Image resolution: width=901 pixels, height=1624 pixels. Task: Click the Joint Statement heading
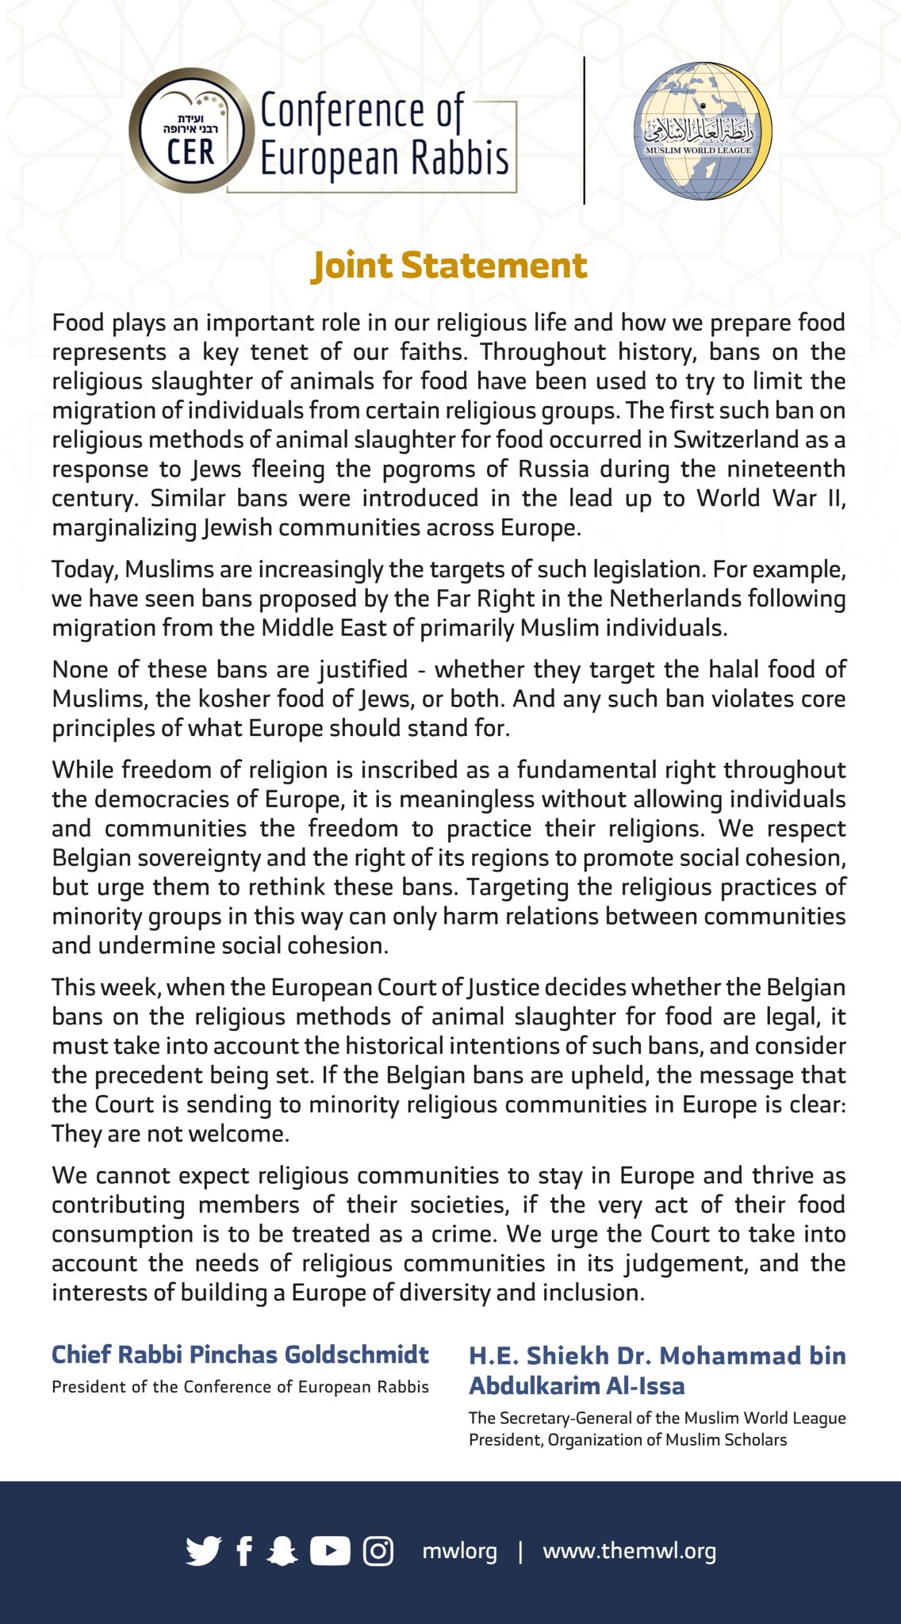[450, 266]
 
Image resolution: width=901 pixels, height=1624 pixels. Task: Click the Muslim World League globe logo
[701, 131]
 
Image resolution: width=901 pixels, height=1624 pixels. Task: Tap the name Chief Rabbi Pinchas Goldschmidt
[240, 1354]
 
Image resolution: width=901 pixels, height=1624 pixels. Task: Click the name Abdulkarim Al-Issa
[577, 1385]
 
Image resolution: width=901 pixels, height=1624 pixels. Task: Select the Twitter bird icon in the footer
[204, 1551]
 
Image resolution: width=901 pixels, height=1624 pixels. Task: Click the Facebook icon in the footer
[244, 1551]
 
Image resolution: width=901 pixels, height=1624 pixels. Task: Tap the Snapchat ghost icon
[282, 1551]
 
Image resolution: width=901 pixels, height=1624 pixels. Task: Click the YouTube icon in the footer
[330, 1551]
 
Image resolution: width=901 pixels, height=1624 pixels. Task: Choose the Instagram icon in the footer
[378, 1551]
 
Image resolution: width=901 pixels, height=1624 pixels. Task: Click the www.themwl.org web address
[629, 1551]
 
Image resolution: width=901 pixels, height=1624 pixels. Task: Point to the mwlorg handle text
[459, 1551]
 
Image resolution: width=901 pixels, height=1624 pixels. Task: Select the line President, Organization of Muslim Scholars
[627, 1439]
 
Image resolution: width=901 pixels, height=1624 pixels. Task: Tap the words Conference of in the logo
[362, 111]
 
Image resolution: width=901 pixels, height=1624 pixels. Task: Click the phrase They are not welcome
[170, 1134]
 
